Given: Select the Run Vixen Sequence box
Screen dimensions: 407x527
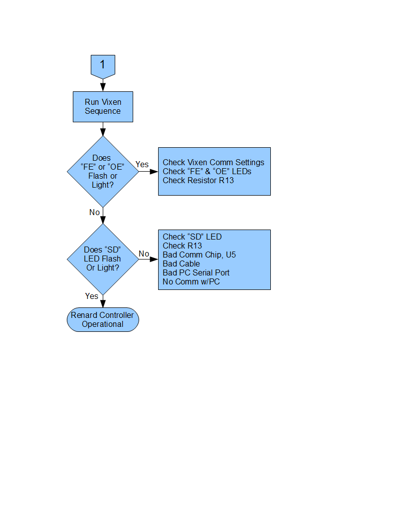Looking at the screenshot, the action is click(103, 106).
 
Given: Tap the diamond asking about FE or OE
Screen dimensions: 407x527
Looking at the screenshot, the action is click(103, 171).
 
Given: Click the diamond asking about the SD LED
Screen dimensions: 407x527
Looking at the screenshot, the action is click(103, 259).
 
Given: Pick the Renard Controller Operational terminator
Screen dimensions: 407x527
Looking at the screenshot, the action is click(103, 319).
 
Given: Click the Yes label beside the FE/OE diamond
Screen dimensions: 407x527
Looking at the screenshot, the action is click(142, 164).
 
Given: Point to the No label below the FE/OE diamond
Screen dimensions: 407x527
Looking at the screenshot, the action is click(94, 213).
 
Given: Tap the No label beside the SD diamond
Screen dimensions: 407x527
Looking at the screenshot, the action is click(144, 254).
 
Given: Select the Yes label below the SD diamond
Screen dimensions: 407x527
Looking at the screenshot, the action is click(92, 296).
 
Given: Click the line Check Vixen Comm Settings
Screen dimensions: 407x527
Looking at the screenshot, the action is click(213, 162).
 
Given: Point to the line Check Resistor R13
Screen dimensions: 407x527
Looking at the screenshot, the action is click(198, 181).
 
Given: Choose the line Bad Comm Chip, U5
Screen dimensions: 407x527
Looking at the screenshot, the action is click(199, 255).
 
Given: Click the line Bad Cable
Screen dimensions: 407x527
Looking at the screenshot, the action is click(182, 264).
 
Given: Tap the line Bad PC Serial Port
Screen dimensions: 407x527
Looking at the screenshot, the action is click(196, 272).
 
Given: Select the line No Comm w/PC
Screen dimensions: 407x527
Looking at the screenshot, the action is click(191, 281).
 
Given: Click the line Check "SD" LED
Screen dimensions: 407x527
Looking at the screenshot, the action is click(192, 237).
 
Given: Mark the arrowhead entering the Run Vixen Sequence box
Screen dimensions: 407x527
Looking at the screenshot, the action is click(103, 87).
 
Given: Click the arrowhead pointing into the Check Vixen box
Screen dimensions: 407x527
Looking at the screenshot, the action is click(154, 171).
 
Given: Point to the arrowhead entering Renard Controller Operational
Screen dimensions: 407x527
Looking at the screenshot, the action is click(103, 303).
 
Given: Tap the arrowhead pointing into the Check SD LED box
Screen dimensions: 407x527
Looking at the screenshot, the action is click(154, 259).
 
